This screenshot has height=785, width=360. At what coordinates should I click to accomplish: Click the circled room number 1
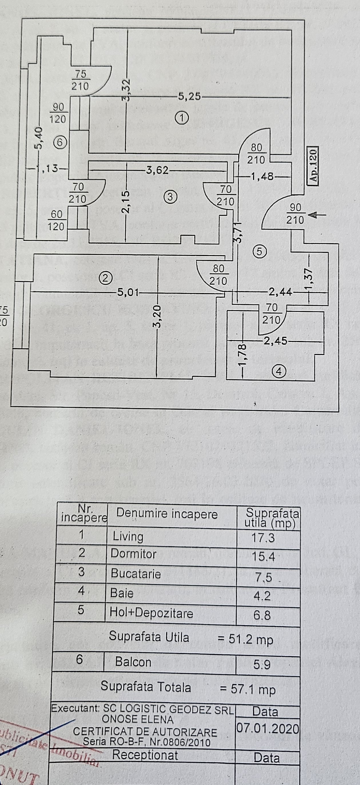(x=182, y=117)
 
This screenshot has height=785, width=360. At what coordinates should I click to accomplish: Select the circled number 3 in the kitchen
(x=170, y=197)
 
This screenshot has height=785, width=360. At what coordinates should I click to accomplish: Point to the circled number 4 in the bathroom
(x=280, y=371)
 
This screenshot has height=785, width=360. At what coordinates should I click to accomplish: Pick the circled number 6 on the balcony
(x=60, y=142)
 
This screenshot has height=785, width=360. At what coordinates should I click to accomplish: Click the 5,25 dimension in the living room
(x=189, y=97)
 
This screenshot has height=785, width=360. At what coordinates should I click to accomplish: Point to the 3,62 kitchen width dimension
(x=157, y=170)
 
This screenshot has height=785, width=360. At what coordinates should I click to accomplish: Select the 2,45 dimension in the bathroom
(x=275, y=341)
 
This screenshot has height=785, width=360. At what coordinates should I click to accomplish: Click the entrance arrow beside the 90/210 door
(x=317, y=215)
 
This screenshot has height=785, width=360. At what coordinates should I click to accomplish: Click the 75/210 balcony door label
(x=80, y=80)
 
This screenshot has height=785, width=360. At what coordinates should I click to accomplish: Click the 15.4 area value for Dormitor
(x=263, y=557)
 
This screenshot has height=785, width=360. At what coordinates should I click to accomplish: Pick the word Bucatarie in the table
(x=136, y=574)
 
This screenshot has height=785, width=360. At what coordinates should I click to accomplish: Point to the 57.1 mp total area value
(x=253, y=689)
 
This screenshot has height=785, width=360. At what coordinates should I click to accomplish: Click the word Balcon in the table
(x=133, y=662)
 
